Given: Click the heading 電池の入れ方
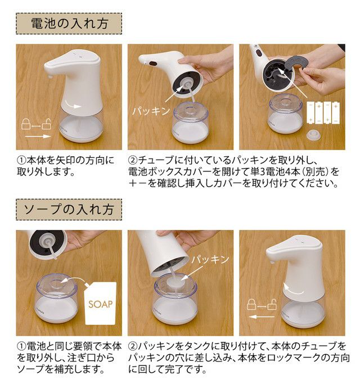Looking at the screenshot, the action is (x=69, y=24).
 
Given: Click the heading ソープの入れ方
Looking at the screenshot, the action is (x=69, y=209).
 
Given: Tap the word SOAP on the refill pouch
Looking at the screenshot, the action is (x=101, y=304).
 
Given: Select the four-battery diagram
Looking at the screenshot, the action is (x=323, y=112).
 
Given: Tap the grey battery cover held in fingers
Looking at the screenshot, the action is (x=294, y=64).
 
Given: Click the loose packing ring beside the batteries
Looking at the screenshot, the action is (x=314, y=135).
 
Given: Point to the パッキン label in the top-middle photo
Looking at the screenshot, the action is (x=151, y=111).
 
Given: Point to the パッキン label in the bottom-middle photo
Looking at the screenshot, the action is (x=210, y=260).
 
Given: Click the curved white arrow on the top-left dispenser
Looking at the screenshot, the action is (x=74, y=106).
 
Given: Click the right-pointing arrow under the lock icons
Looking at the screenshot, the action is (x=38, y=137).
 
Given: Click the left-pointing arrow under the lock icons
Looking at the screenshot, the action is (x=262, y=316).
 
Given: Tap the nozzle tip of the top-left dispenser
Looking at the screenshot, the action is (x=50, y=77).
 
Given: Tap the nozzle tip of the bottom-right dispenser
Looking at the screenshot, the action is (x=272, y=263).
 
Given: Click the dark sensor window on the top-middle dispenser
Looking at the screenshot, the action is (x=153, y=64).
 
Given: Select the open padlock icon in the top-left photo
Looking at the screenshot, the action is (x=47, y=124).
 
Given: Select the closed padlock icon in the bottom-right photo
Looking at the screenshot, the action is (x=251, y=304).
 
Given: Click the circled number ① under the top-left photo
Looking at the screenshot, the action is (x=21, y=160).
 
